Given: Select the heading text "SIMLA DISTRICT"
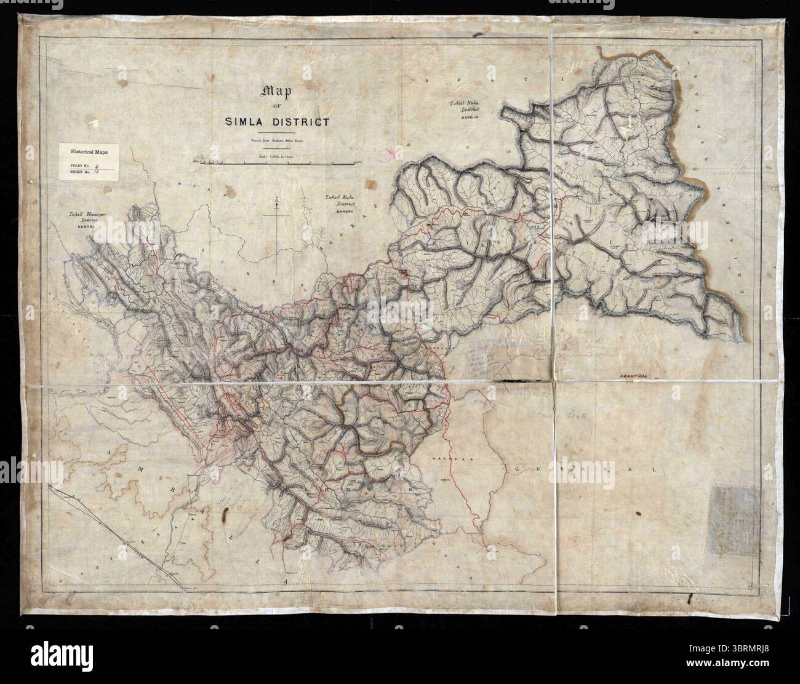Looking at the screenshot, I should click(276, 121).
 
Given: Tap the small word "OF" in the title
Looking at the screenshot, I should click(276, 108).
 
